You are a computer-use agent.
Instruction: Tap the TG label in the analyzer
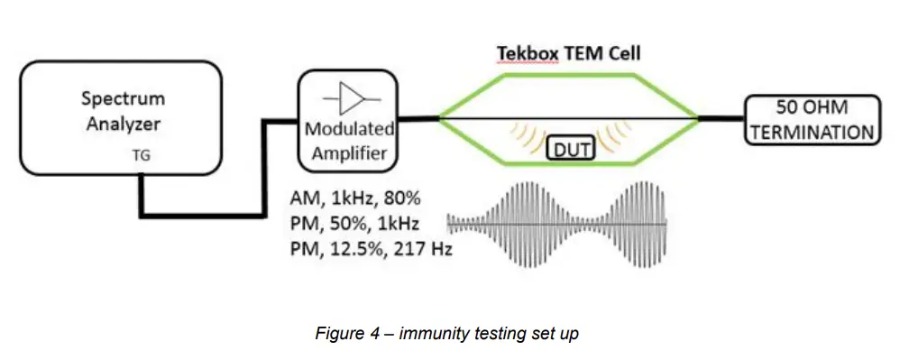(x=142, y=155)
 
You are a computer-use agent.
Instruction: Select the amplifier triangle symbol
(x=349, y=97)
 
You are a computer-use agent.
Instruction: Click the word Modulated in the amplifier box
(x=350, y=129)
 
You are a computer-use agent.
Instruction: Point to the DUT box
(x=569, y=146)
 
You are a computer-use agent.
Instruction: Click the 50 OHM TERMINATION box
(x=811, y=118)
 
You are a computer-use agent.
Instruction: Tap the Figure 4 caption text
(x=446, y=334)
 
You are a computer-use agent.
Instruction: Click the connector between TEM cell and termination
(x=721, y=117)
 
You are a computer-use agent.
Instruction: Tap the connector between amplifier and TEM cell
(x=419, y=117)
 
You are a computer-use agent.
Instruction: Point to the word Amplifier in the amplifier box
(x=350, y=152)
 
